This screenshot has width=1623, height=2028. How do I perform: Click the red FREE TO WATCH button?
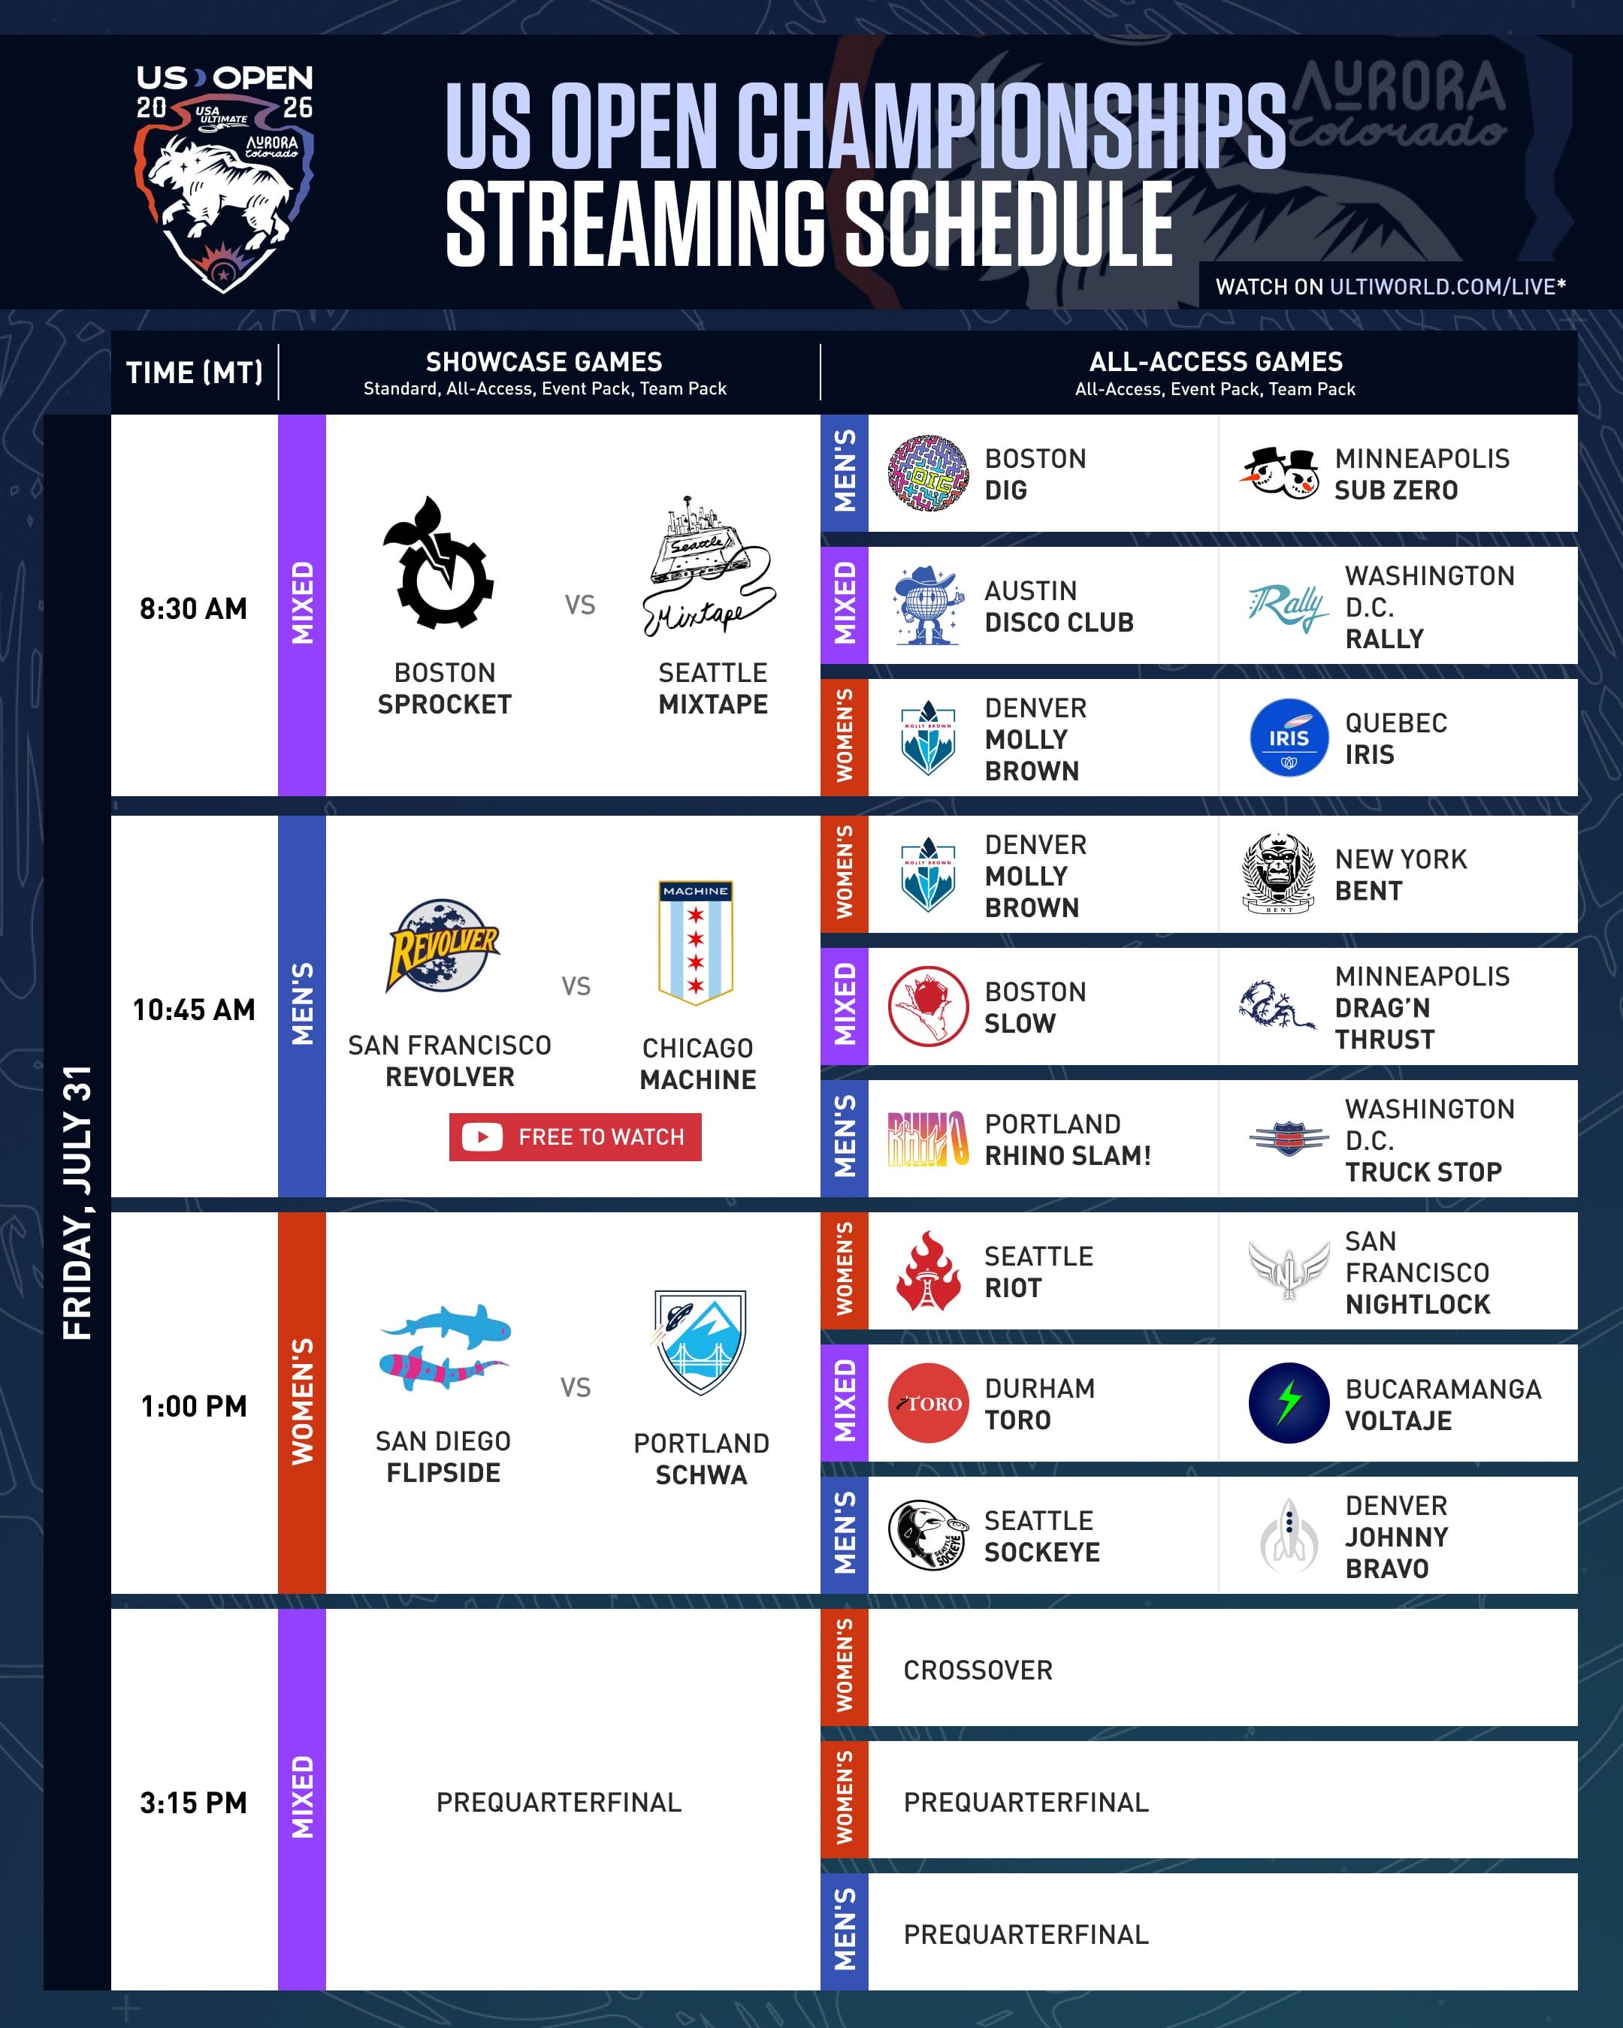click(x=575, y=1136)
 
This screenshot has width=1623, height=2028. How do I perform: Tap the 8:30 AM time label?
click(x=194, y=608)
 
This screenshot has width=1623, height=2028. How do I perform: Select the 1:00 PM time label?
click(x=194, y=1406)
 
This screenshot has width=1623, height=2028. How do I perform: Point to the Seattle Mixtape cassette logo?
click(x=709, y=566)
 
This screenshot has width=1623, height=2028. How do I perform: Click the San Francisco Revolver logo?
click(x=443, y=946)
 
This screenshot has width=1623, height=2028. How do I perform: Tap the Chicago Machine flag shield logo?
click(x=695, y=943)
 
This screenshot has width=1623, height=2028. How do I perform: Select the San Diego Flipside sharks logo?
click(x=445, y=1347)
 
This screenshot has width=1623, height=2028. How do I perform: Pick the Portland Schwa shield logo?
click(x=699, y=1342)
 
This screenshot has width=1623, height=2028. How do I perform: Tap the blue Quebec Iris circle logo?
click(x=1289, y=738)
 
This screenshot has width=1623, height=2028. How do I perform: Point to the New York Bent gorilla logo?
click(x=1279, y=873)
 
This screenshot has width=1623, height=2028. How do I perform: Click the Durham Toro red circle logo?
click(x=929, y=1402)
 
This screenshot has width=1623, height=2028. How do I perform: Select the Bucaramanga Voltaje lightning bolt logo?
click(x=1289, y=1402)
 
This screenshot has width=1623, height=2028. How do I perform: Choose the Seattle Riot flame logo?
click(x=929, y=1271)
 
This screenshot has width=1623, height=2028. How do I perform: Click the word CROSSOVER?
click(x=978, y=1670)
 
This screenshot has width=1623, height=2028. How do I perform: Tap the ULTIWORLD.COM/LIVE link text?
click(x=1443, y=287)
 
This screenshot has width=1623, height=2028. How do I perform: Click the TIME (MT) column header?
click(x=195, y=373)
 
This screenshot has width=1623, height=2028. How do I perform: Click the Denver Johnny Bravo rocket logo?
click(x=1289, y=1535)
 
